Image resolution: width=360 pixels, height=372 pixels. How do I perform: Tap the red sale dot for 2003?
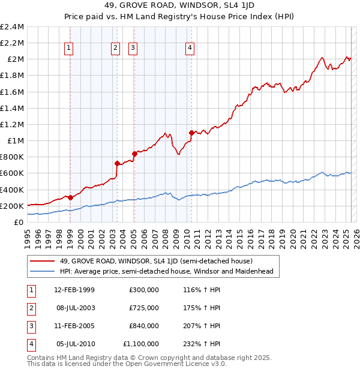pos(117,163)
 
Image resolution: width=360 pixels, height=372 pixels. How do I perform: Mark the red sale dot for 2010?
pos(191,132)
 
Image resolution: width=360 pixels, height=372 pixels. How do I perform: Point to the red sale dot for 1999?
pos(70,197)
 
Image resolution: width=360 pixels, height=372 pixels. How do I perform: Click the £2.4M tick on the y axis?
pos(12,27)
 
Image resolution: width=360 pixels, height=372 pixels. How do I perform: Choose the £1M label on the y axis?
pos(15,140)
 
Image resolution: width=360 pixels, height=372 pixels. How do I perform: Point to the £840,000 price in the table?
pos(144,326)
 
